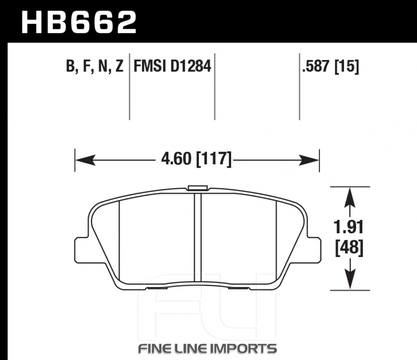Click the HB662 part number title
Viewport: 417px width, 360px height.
click(x=79, y=22)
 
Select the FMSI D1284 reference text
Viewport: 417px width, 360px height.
click(x=172, y=66)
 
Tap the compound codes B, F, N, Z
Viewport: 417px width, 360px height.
click(x=95, y=66)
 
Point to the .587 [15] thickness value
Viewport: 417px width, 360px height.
click(x=331, y=66)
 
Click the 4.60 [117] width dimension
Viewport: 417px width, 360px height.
click(x=196, y=159)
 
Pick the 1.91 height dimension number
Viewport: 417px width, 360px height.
click(x=349, y=227)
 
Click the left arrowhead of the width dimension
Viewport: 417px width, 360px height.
click(x=85, y=160)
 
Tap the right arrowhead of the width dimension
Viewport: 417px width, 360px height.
click(x=309, y=160)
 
